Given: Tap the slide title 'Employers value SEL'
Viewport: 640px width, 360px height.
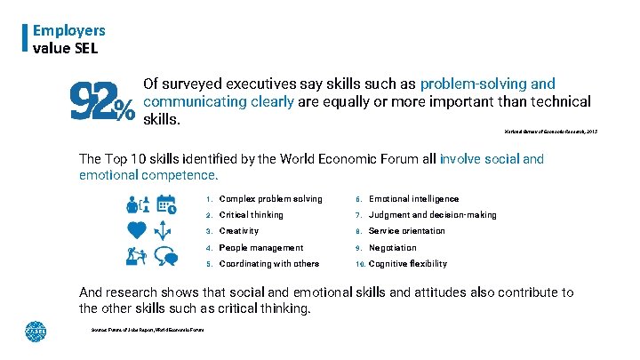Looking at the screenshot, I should click(68, 38).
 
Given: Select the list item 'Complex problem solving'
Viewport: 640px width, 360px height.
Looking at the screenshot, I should click(270, 199).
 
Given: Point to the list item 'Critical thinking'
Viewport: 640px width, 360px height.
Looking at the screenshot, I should click(251, 215).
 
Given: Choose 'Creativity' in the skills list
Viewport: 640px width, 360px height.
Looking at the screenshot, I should click(239, 231).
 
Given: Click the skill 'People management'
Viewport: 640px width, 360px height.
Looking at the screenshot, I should click(260, 248).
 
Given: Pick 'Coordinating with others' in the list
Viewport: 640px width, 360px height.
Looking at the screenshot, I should click(269, 264).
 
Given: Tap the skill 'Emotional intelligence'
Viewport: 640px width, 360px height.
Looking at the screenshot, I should click(413, 199).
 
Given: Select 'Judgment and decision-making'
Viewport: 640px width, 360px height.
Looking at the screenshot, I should click(432, 215).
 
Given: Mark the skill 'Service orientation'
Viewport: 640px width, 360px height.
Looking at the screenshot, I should click(407, 231).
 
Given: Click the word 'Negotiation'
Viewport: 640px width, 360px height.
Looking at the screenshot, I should click(392, 248).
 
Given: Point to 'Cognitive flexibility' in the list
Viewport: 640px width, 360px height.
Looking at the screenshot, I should click(407, 264).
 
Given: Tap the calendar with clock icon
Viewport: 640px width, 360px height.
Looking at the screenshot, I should click(166, 205).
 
